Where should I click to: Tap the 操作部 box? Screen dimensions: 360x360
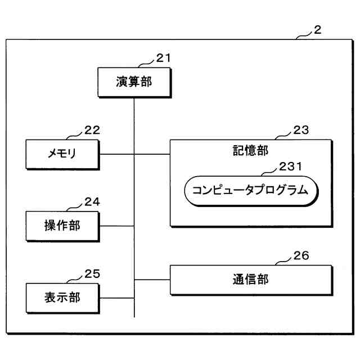[x=62, y=226]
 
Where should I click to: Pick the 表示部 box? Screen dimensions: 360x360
[x=62, y=298]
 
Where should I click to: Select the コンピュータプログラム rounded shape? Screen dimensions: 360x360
[x=250, y=190]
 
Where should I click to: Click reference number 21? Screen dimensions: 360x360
[x=163, y=58]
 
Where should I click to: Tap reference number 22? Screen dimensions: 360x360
[x=92, y=130]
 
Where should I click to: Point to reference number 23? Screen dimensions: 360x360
[x=301, y=130]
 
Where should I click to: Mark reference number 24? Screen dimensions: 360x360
[x=92, y=201]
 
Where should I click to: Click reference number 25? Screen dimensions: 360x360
[x=92, y=273]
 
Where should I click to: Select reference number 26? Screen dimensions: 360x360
[x=301, y=256]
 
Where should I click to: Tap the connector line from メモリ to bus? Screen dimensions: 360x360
[x=116, y=154]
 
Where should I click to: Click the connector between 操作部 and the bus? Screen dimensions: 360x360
[x=116, y=226]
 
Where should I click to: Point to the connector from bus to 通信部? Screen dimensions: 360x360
[x=152, y=280]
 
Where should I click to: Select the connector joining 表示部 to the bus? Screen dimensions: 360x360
[x=116, y=298]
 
